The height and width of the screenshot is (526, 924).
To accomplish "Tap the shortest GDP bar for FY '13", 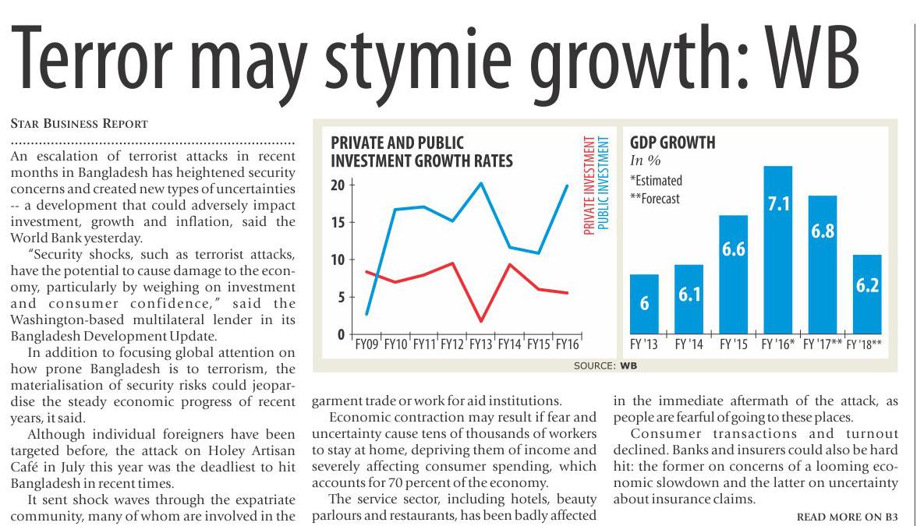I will point(643,304).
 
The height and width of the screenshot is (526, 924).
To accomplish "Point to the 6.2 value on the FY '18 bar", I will point(866,286).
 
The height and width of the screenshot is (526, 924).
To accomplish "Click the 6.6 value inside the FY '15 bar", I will point(734,250).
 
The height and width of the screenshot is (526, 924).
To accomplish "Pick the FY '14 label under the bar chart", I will point(689,344).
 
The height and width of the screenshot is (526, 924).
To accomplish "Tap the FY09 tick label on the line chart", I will point(367,343).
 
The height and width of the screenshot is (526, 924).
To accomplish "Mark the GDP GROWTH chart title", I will point(672,143).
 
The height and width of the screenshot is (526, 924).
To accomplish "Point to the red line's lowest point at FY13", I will point(482,320).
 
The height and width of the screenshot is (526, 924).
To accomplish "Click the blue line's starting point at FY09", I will point(366,314).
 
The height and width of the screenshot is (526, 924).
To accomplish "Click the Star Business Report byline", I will point(80,123).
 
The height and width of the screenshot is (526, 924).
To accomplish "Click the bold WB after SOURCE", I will point(628,364).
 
